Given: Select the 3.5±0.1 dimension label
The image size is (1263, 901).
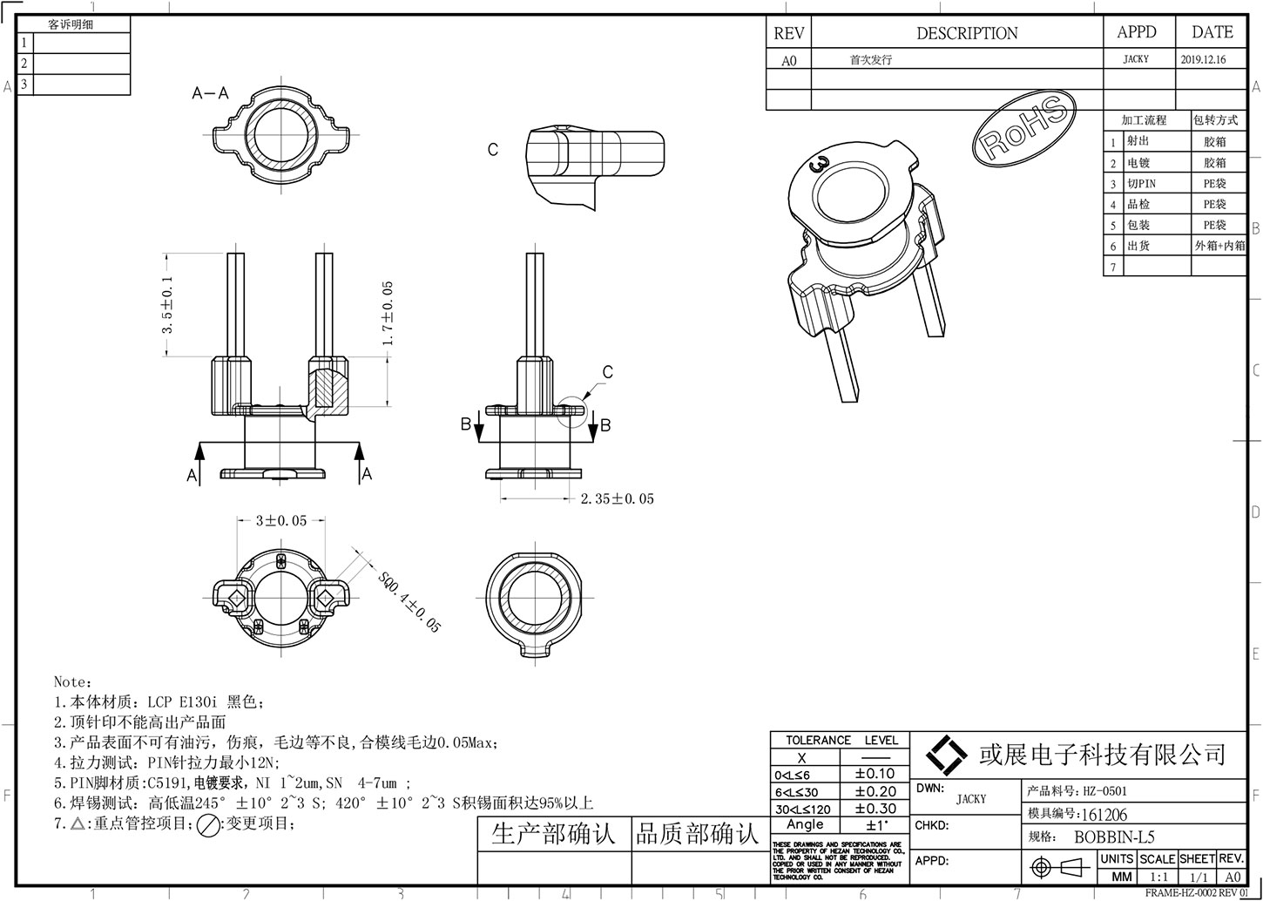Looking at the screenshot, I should (168, 304).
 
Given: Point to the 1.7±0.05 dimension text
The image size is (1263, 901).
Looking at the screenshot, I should (388, 313).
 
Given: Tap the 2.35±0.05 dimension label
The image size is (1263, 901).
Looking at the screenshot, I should (617, 499).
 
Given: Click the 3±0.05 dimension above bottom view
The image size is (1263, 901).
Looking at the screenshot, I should (280, 521).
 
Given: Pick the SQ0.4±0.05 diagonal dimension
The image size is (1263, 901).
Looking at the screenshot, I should (409, 601).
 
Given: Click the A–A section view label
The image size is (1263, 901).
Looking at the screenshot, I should (210, 93).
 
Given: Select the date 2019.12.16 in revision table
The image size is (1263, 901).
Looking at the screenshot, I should (1203, 60).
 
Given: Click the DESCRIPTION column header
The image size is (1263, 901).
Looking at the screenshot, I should (966, 34).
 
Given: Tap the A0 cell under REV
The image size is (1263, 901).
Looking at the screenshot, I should (788, 61).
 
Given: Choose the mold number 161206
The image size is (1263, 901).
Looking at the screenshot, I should (1104, 815).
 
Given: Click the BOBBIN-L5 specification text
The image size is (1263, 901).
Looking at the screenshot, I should (1114, 837).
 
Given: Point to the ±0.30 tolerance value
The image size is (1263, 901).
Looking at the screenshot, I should (875, 808).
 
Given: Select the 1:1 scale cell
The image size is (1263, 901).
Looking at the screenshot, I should (1159, 877).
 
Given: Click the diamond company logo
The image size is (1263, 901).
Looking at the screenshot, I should (946, 754).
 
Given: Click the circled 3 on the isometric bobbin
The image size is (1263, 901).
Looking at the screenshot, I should (819, 163).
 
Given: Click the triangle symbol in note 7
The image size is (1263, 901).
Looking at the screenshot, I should (78, 823).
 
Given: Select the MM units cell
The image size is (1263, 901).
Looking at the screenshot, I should (1123, 877).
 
